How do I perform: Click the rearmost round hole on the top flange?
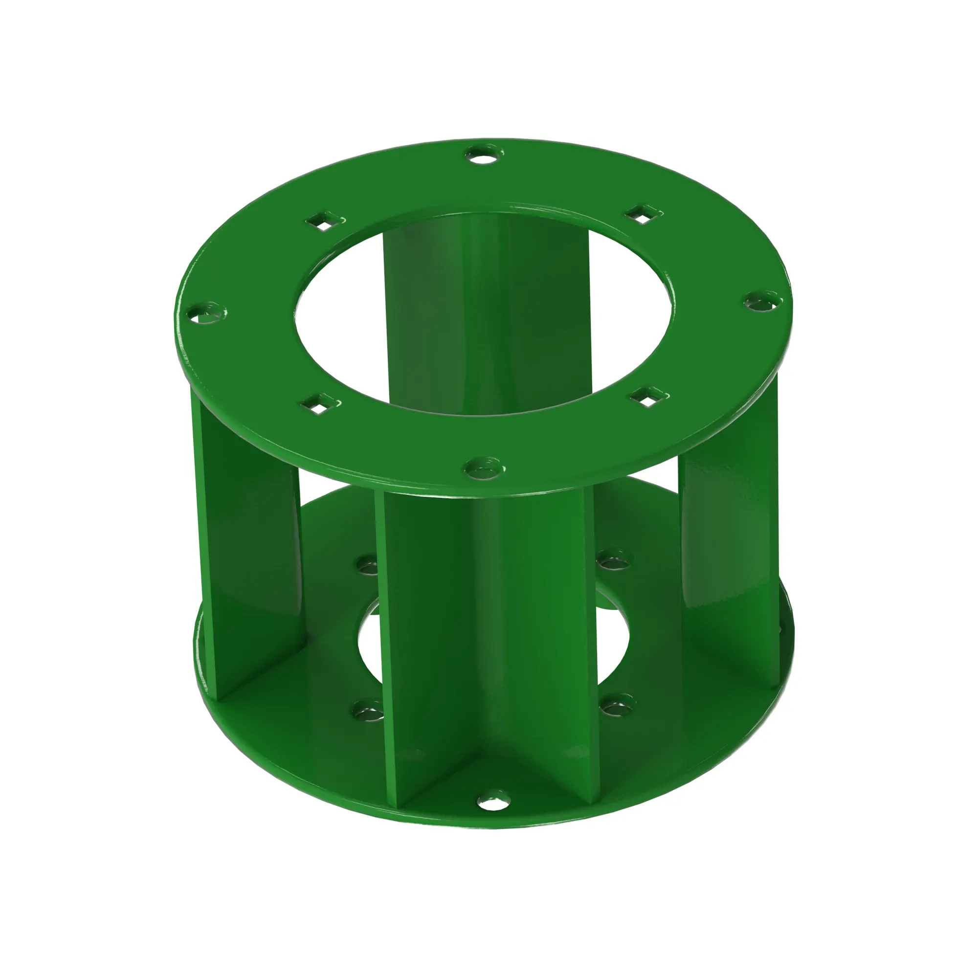[x=483, y=154]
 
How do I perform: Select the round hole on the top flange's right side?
[x=762, y=303]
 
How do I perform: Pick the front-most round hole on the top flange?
[x=483, y=468]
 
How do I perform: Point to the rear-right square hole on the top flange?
[x=642, y=214]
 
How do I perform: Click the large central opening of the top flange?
[x=484, y=314]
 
